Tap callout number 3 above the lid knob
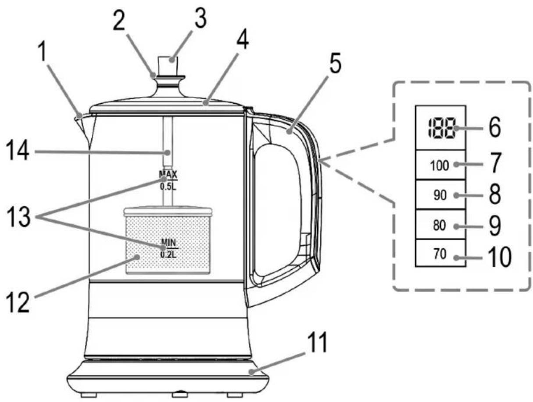(200, 19)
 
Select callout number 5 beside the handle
(335, 63)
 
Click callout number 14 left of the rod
(18, 152)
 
